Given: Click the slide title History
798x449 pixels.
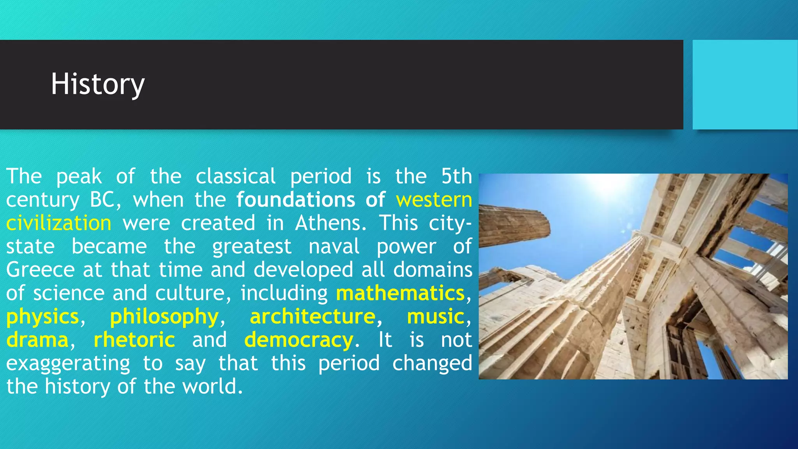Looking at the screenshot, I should click(98, 84).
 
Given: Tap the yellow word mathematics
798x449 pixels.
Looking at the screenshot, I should click(400, 293).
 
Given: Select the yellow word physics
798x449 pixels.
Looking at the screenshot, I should click(43, 316).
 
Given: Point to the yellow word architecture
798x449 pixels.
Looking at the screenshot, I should click(312, 316).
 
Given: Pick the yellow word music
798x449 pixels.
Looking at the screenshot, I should click(436, 316).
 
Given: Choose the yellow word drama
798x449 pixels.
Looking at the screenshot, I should click(38, 340).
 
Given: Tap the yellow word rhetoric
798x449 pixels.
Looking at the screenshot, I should click(134, 340).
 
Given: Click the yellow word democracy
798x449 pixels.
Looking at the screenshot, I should click(299, 340).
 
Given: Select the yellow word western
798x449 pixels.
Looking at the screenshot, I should click(434, 200).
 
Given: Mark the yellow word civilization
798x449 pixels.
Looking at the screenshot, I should click(59, 223).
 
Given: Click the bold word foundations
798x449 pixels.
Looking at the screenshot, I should click(296, 200).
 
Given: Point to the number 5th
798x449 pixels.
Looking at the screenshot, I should click(456, 177).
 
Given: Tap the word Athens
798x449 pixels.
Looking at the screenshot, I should click(330, 223).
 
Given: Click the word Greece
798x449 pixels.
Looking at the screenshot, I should click(40, 270).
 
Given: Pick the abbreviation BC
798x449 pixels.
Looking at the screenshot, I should click(102, 200).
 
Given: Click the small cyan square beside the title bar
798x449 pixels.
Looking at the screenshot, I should click(745, 85).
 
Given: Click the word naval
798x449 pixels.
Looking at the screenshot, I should click(334, 247).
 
